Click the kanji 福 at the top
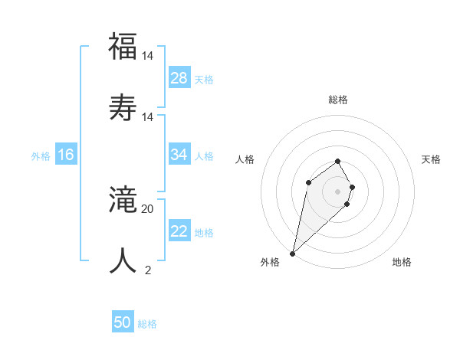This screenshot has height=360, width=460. [123, 46]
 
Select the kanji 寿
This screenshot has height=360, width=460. [123, 106]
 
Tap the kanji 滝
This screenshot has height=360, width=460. [123, 201]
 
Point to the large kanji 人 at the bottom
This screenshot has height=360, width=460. [123, 260]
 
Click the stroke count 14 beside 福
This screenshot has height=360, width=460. [148, 56]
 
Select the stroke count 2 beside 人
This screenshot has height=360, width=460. [148, 270]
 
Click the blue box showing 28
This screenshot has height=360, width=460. [179, 78]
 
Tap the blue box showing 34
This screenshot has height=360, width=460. [179, 155]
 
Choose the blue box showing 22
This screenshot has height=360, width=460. [179, 231]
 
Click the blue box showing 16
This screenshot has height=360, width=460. [66, 155]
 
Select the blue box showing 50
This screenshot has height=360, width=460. [123, 323]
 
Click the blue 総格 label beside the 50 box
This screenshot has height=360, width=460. [147, 324]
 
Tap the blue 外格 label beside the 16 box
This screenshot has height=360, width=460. [41, 155]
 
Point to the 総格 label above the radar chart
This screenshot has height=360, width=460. [338, 100]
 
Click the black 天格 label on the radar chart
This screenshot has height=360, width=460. [431, 159]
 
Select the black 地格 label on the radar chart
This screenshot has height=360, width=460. [402, 262]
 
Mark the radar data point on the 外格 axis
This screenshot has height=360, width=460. [292, 253]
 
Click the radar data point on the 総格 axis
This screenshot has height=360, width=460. [338, 161]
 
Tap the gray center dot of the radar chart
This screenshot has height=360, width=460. [338, 191]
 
